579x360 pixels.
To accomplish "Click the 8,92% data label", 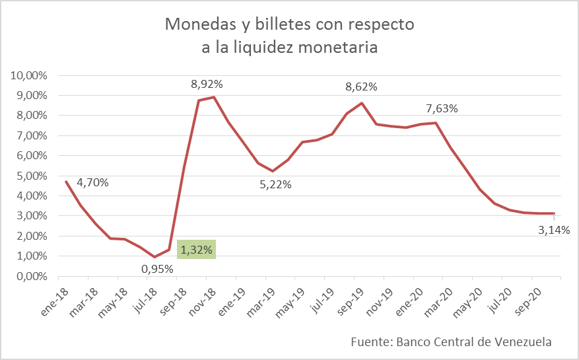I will pyautogui.click(x=207, y=84).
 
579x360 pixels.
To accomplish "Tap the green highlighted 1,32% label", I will pyautogui.click(x=196, y=250).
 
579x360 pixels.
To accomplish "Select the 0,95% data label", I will pyautogui.click(x=157, y=269).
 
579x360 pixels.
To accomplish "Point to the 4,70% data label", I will pyautogui.click(x=92, y=182).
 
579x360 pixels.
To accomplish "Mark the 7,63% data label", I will pyautogui.click(x=442, y=108).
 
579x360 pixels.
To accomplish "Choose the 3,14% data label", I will pyautogui.click(x=553, y=230).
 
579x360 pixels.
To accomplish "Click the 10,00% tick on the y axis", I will pyautogui.click(x=29, y=75).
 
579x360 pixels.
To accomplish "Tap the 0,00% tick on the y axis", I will pyautogui.click(x=32, y=276).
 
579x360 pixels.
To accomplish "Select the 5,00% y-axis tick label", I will pyautogui.click(x=32, y=176).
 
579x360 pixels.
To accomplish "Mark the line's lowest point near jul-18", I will pyautogui.click(x=154, y=257).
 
